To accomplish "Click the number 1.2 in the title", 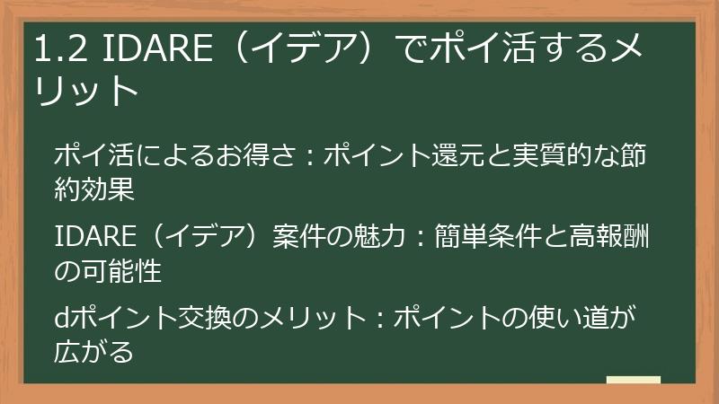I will pyautogui.click(x=60, y=52).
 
